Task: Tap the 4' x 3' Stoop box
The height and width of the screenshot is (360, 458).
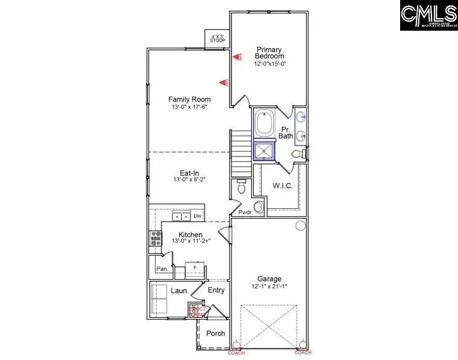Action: click(x=218, y=38)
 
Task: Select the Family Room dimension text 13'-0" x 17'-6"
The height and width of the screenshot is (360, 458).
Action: click(x=189, y=107)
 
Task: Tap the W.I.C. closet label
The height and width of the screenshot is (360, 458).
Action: click(x=283, y=185)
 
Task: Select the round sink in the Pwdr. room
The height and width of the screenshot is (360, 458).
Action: click(x=259, y=207)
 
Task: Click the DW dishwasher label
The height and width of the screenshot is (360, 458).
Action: click(x=197, y=216)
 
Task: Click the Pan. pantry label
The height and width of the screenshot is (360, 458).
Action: click(x=162, y=268)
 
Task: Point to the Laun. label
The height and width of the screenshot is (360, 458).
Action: click(x=180, y=291)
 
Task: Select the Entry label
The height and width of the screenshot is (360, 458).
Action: click(x=216, y=290)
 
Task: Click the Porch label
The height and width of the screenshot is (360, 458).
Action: click(x=215, y=333)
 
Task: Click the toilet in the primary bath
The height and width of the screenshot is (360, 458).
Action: click(x=297, y=155)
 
